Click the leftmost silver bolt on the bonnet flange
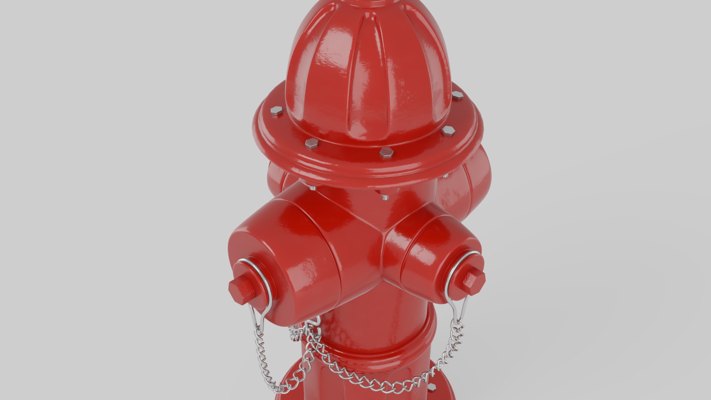coord(276,110)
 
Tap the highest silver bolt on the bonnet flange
coord(458,95)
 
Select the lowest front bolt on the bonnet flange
coord(386,153)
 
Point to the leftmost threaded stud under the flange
coord(313,188)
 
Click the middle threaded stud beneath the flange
coord(384,196)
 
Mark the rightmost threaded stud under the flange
coord(445,176)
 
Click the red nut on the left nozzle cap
coord(243,289)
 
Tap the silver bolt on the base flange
coord(432,387)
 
